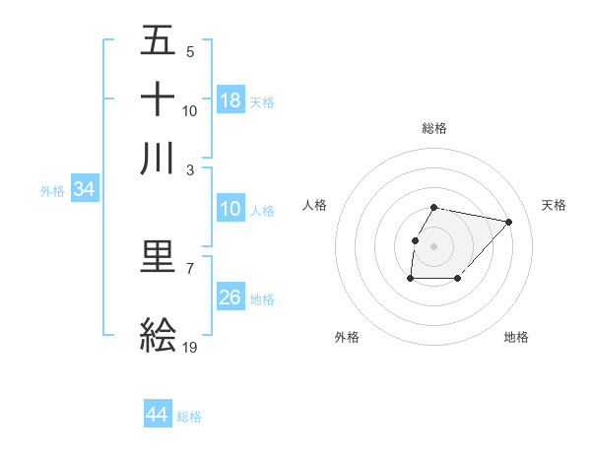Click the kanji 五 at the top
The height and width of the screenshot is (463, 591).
[x=158, y=41]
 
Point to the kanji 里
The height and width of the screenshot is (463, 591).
[x=158, y=257]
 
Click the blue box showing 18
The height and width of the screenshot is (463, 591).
[x=230, y=100]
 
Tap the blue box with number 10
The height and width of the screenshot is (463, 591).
[x=230, y=209]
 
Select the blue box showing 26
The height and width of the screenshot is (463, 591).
[x=230, y=298]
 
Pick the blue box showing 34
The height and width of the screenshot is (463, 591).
[x=84, y=190]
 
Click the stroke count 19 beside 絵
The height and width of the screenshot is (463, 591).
[x=190, y=348]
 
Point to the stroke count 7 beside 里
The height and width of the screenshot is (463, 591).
[x=189, y=268]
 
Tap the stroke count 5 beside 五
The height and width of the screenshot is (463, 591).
[x=189, y=52]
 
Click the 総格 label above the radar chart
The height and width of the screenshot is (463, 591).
[x=434, y=128]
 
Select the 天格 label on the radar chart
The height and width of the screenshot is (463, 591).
[x=554, y=205]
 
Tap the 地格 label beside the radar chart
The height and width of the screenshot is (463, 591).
[x=516, y=337]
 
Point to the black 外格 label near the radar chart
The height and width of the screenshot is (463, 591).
[x=347, y=337]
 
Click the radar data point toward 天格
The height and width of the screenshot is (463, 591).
[x=508, y=223]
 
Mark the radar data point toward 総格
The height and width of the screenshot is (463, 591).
[x=434, y=207]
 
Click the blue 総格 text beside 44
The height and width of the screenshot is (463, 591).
[x=189, y=417]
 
